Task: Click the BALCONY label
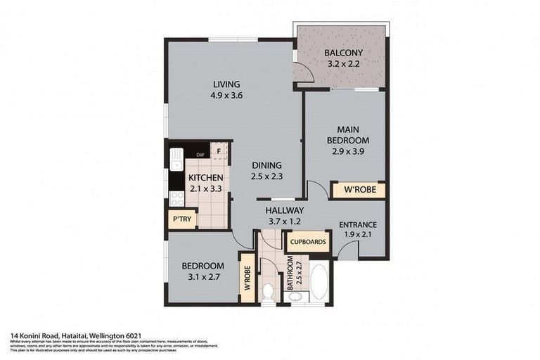point(343,53)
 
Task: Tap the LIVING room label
point(226,84)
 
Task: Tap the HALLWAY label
point(284,210)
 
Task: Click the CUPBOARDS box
point(307,242)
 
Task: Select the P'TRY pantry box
point(181,220)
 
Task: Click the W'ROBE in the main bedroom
point(358,190)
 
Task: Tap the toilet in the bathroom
point(268,292)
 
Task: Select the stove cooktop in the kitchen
point(175,199)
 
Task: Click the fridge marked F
point(219,150)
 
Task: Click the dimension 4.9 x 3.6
point(226,96)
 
